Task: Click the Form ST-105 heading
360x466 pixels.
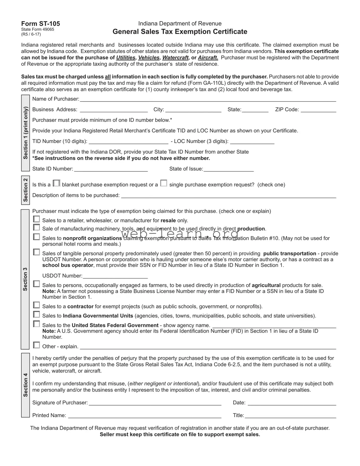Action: [x=40, y=24]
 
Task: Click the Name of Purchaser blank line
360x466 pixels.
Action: [x=208, y=99]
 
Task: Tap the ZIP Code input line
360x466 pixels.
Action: [x=318, y=110]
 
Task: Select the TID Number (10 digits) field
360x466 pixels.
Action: [x=128, y=141]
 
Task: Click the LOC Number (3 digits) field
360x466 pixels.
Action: [x=252, y=141]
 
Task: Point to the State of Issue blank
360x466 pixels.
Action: [x=228, y=169]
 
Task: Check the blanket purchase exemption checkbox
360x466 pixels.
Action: [x=57, y=183]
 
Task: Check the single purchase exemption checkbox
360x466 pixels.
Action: [x=164, y=183]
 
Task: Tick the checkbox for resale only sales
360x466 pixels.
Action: [x=36, y=219]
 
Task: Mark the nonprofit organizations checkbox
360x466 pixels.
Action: [x=36, y=237]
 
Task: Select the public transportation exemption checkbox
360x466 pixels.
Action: [x=36, y=252]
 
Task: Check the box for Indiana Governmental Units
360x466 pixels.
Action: [x=36, y=314]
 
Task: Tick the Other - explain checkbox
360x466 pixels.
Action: [x=36, y=345]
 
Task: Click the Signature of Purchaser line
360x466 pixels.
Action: [x=155, y=403]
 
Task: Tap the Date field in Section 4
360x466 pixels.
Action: [x=292, y=403]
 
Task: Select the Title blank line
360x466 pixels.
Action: [x=290, y=416]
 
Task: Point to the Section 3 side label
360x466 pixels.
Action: [x=25, y=279]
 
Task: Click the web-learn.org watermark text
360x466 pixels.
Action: [x=180, y=234]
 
